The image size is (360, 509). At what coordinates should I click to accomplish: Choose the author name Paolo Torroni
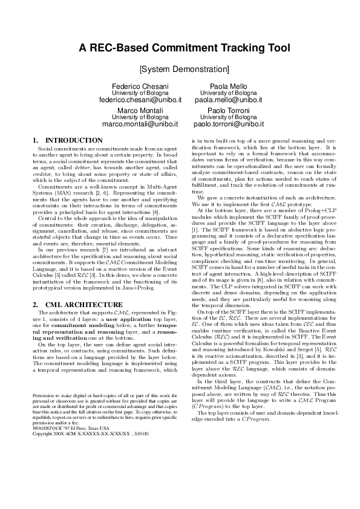pyautogui.click(x=227, y=111)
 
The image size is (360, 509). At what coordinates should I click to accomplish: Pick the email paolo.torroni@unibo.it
pyautogui.click(x=227, y=123)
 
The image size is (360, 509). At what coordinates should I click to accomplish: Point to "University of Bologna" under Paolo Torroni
pyautogui.click(x=227, y=117)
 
